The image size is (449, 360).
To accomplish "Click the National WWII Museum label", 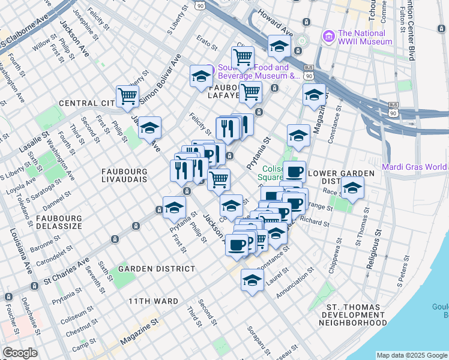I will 365,37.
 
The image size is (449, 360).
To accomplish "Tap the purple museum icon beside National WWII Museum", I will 328,37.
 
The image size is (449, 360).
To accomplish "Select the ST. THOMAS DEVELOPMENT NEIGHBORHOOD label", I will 352,314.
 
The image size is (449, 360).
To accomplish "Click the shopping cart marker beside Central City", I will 127,96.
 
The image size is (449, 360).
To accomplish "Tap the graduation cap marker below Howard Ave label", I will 279,46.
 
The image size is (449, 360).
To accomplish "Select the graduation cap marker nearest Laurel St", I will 253,280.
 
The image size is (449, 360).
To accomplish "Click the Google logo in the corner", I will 19,353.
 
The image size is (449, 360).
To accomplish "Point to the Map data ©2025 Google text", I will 412,355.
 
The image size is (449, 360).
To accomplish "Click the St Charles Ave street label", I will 67,271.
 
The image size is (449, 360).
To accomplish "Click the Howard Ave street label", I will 276,27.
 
